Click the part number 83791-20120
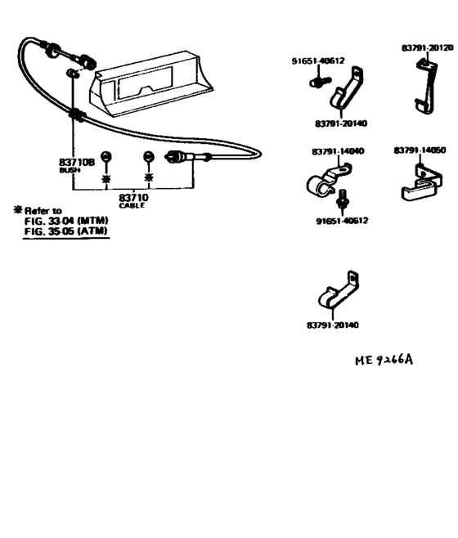427,47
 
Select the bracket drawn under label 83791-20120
427,87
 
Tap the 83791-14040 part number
338,151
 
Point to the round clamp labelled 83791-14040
326,181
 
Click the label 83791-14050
420,150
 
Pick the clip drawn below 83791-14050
422,183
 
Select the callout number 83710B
77,162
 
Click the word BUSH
70,170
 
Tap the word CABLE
132,206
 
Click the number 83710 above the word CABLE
133,198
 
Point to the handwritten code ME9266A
384,360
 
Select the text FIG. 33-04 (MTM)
66,221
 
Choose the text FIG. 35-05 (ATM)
65,231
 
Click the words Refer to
43,211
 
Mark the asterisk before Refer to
17,210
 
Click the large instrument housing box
150,83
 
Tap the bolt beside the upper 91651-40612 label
320,82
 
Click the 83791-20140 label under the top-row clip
341,123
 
